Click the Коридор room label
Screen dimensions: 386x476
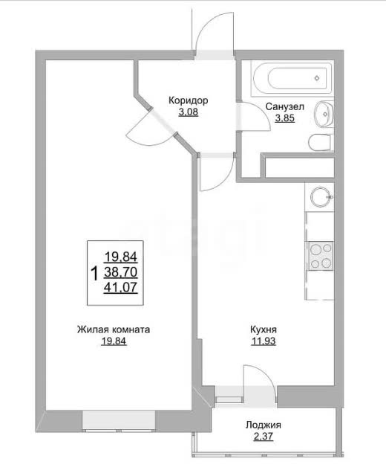coord(188,100)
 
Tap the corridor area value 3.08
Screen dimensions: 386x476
coord(188,112)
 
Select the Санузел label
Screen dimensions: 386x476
coord(285,106)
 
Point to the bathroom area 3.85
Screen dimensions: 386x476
coord(285,118)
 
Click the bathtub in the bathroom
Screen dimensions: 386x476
coord(292,79)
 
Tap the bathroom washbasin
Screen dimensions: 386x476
coord(324,115)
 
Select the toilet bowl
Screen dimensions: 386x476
coord(321,142)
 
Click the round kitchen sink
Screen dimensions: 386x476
coord(321,197)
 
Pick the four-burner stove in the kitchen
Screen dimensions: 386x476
coord(321,256)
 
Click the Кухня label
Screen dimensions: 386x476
coord(264,329)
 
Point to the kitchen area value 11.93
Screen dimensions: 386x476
coord(264,341)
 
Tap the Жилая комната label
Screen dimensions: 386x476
coord(114,329)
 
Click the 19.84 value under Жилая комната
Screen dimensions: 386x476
coord(114,341)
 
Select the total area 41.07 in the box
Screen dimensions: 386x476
coord(121,287)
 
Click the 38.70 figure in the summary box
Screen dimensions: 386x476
coord(121,272)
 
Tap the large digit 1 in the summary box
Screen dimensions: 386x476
coord(95,273)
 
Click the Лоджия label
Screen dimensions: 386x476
coord(264,425)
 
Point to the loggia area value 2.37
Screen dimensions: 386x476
coord(264,437)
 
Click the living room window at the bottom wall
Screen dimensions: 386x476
coord(119,421)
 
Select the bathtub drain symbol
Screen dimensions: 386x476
coord(317,78)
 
